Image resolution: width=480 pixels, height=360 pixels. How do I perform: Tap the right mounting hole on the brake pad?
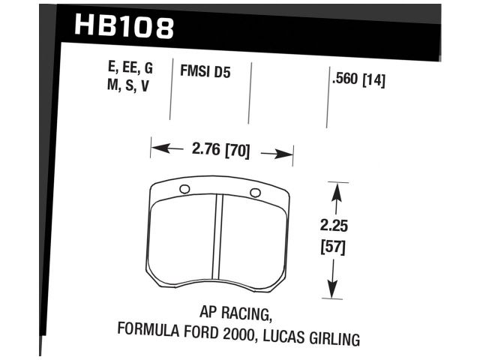(255, 193)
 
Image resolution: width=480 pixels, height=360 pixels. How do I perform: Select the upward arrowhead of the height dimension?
(337, 194)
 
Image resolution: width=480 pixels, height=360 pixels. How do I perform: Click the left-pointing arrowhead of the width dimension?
(159, 149)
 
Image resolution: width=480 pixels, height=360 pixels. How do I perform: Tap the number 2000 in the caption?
(232, 331)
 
